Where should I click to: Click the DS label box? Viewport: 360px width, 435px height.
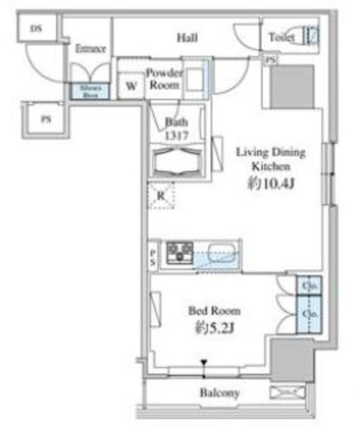pos(36,29)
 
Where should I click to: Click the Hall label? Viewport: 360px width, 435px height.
pos(187,38)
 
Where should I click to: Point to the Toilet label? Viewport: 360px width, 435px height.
pos(281,38)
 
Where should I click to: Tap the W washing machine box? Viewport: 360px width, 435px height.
pos(130,86)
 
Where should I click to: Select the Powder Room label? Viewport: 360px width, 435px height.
pos(164,79)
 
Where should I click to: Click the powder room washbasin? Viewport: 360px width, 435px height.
pos(194,79)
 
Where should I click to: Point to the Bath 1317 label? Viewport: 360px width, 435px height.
pos(175,128)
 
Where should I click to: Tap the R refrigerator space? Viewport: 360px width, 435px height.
pos(161,196)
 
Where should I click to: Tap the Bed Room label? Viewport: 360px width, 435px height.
pos(214,311)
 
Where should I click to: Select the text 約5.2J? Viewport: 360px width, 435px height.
pos(213,329)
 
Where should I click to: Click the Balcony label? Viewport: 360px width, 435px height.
pos(219,393)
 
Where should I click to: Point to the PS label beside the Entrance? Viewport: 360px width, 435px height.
pos(46,120)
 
